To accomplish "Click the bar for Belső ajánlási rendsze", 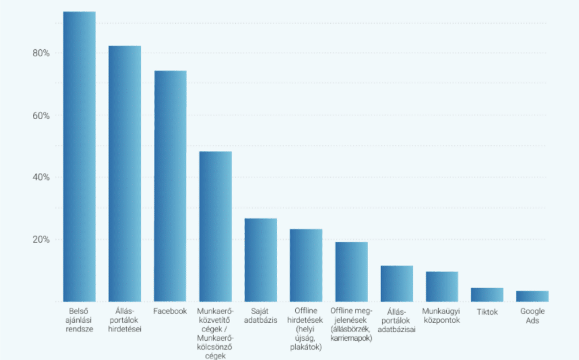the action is [79, 157].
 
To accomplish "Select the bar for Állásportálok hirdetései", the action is [125, 174].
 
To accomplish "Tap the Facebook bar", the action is [170, 186].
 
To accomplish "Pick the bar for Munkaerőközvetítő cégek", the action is [215, 226].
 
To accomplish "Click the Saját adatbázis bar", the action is [261, 260].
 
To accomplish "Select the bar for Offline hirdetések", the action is [306, 266].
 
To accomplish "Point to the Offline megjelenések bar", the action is [352, 272].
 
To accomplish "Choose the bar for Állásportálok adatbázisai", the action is [397, 284].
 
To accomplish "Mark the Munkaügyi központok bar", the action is [442, 287].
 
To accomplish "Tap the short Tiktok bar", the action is [487, 294].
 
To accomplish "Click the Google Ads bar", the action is [533, 296].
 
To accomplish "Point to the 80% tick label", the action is [41, 53].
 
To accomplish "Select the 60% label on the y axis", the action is [41, 115].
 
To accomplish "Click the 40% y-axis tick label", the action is [41, 177].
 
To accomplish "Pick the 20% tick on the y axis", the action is [41, 240].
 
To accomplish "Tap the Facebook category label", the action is [170, 311].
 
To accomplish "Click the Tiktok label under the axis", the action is [487, 312].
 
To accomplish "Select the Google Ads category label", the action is [533, 316].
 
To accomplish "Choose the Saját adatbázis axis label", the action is [261, 316].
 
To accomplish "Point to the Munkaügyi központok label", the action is [441, 316].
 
